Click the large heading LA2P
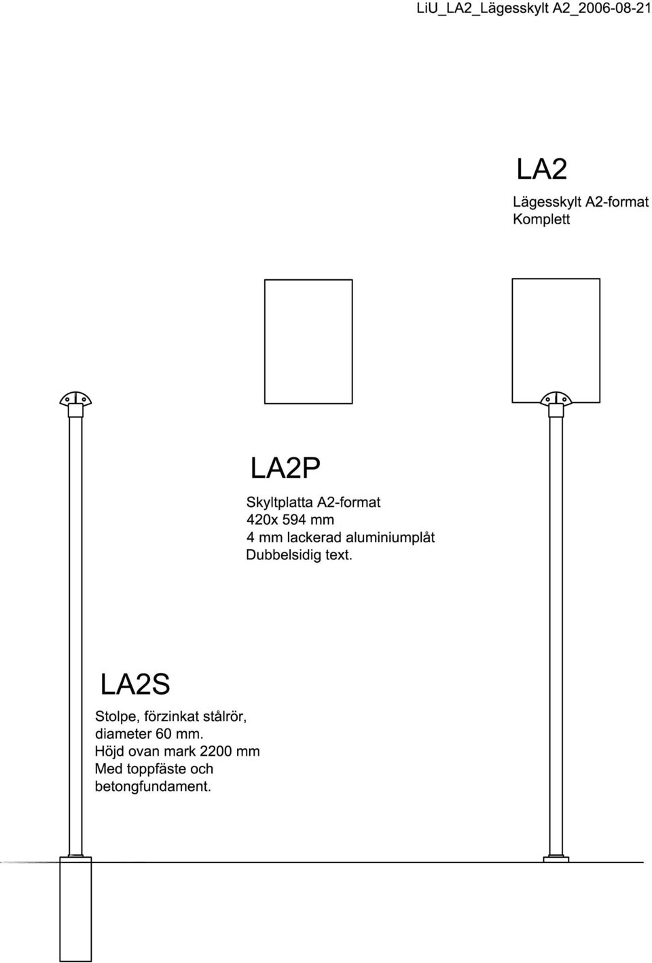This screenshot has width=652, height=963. (285, 468)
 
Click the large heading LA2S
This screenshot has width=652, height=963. (135, 684)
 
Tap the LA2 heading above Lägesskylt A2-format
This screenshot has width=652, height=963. (541, 169)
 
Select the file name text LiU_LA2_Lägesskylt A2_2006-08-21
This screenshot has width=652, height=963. (534, 9)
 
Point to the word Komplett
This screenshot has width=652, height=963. (541, 220)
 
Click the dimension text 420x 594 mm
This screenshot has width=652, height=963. (290, 520)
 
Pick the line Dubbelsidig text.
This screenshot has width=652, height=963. (299, 555)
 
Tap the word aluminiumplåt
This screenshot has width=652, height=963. (390, 538)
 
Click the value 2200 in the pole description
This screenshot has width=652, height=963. (215, 751)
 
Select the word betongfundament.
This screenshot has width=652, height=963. (153, 786)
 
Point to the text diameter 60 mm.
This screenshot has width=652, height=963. (149, 733)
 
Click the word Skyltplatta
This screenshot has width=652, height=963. (279, 502)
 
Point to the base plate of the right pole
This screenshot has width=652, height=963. (556, 860)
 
